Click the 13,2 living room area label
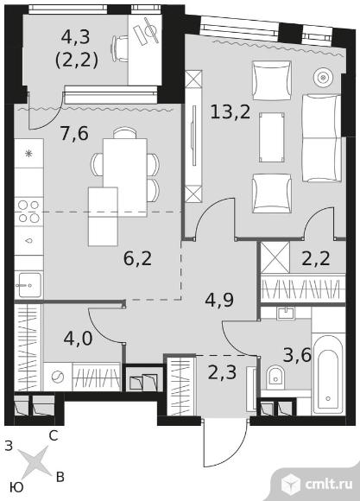(x=230, y=112)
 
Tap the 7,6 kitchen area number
(x=74, y=134)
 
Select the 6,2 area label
(x=137, y=258)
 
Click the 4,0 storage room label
(x=79, y=339)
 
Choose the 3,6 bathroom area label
(x=297, y=355)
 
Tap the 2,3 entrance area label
(x=222, y=372)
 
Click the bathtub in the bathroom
(x=328, y=374)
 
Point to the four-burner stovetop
(x=28, y=212)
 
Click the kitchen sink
(x=29, y=284)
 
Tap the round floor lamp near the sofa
(x=323, y=78)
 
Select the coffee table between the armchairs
(x=272, y=137)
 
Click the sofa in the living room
(x=321, y=138)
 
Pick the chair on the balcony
(x=119, y=48)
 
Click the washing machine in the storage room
(x=58, y=377)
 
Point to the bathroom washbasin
(x=286, y=313)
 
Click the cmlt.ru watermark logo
(x=317, y=485)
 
